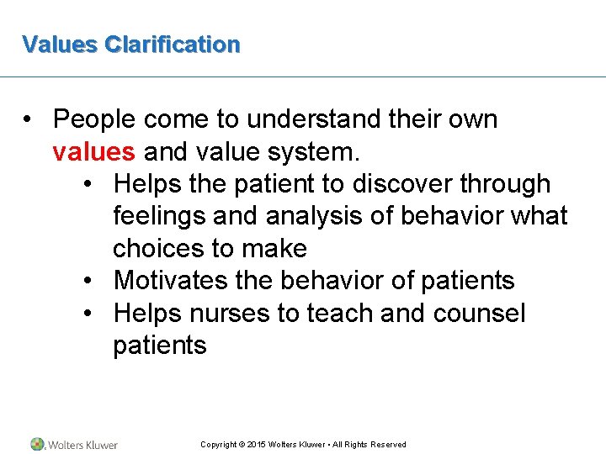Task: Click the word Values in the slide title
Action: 60,44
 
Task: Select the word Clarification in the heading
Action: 172,44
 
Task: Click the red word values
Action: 93,152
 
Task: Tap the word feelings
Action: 160,216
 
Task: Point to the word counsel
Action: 479,314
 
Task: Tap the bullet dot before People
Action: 29,120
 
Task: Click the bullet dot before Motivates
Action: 89,281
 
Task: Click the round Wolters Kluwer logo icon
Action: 38,444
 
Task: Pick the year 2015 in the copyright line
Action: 256,445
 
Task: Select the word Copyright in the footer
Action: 218,445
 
